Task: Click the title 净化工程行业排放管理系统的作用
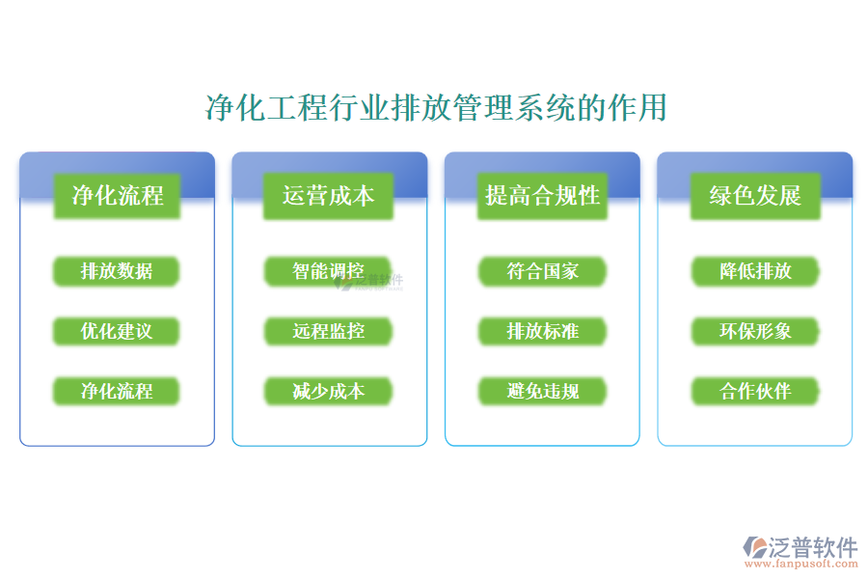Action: [436, 108]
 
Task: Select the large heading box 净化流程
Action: [117, 196]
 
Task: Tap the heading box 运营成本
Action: [328, 196]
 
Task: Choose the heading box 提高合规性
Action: [542, 196]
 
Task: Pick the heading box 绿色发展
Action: [755, 196]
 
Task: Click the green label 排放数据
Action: [117, 271]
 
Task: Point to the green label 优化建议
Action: [117, 331]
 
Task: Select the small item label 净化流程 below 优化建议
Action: [117, 391]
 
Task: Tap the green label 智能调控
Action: [328, 271]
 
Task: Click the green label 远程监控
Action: [328, 331]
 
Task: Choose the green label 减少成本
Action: [328, 391]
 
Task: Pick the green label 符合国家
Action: [542, 271]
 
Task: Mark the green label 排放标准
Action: [542, 331]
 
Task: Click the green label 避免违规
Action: [542, 391]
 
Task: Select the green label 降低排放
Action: [755, 271]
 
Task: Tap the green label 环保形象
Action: [755, 331]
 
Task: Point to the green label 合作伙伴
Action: [755, 391]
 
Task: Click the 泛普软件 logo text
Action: [813, 547]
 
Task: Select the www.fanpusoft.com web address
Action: [804, 565]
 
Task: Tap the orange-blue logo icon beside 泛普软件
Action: [753, 549]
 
